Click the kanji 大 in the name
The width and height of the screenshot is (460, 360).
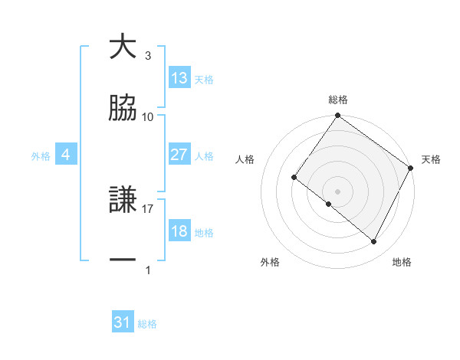(x=123, y=47)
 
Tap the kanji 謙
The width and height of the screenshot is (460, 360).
(x=123, y=201)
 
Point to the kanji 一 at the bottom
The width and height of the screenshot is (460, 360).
(x=123, y=261)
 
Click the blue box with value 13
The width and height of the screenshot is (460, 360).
(x=179, y=78)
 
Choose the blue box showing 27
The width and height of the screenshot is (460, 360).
(x=179, y=155)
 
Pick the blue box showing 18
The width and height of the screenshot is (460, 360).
(x=179, y=231)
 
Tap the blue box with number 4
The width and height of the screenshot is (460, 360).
(x=66, y=155)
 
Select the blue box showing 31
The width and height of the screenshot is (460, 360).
(x=123, y=322)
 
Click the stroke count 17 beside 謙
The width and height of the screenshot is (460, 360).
(x=149, y=208)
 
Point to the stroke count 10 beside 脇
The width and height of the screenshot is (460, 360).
(x=149, y=116)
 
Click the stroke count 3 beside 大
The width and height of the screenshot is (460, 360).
(x=148, y=56)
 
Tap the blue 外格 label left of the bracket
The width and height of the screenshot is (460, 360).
(x=41, y=155)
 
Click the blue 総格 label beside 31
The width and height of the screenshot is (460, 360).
(x=147, y=324)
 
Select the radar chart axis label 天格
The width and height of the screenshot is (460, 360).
(x=431, y=159)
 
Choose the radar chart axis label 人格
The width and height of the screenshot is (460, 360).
(x=245, y=159)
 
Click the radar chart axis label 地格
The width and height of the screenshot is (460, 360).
(x=402, y=262)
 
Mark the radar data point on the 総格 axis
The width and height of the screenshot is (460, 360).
(x=337, y=116)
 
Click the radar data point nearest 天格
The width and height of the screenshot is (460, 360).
(x=411, y=168)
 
